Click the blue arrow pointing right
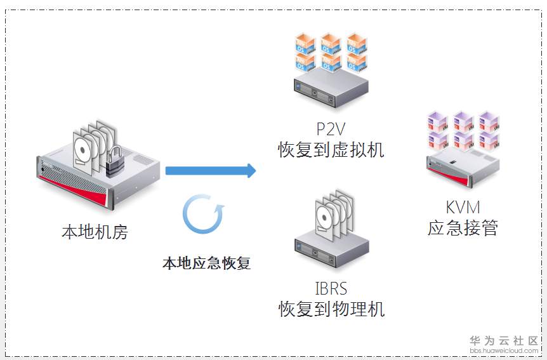[210, 170]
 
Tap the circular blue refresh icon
[202, 215]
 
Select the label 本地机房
[95, 232]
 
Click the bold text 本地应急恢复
[206, 263]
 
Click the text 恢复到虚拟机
[331, 150]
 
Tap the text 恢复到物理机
[331, 310]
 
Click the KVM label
[463, 207]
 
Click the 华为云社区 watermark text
[503, 340]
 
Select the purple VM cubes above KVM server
[463, 130]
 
